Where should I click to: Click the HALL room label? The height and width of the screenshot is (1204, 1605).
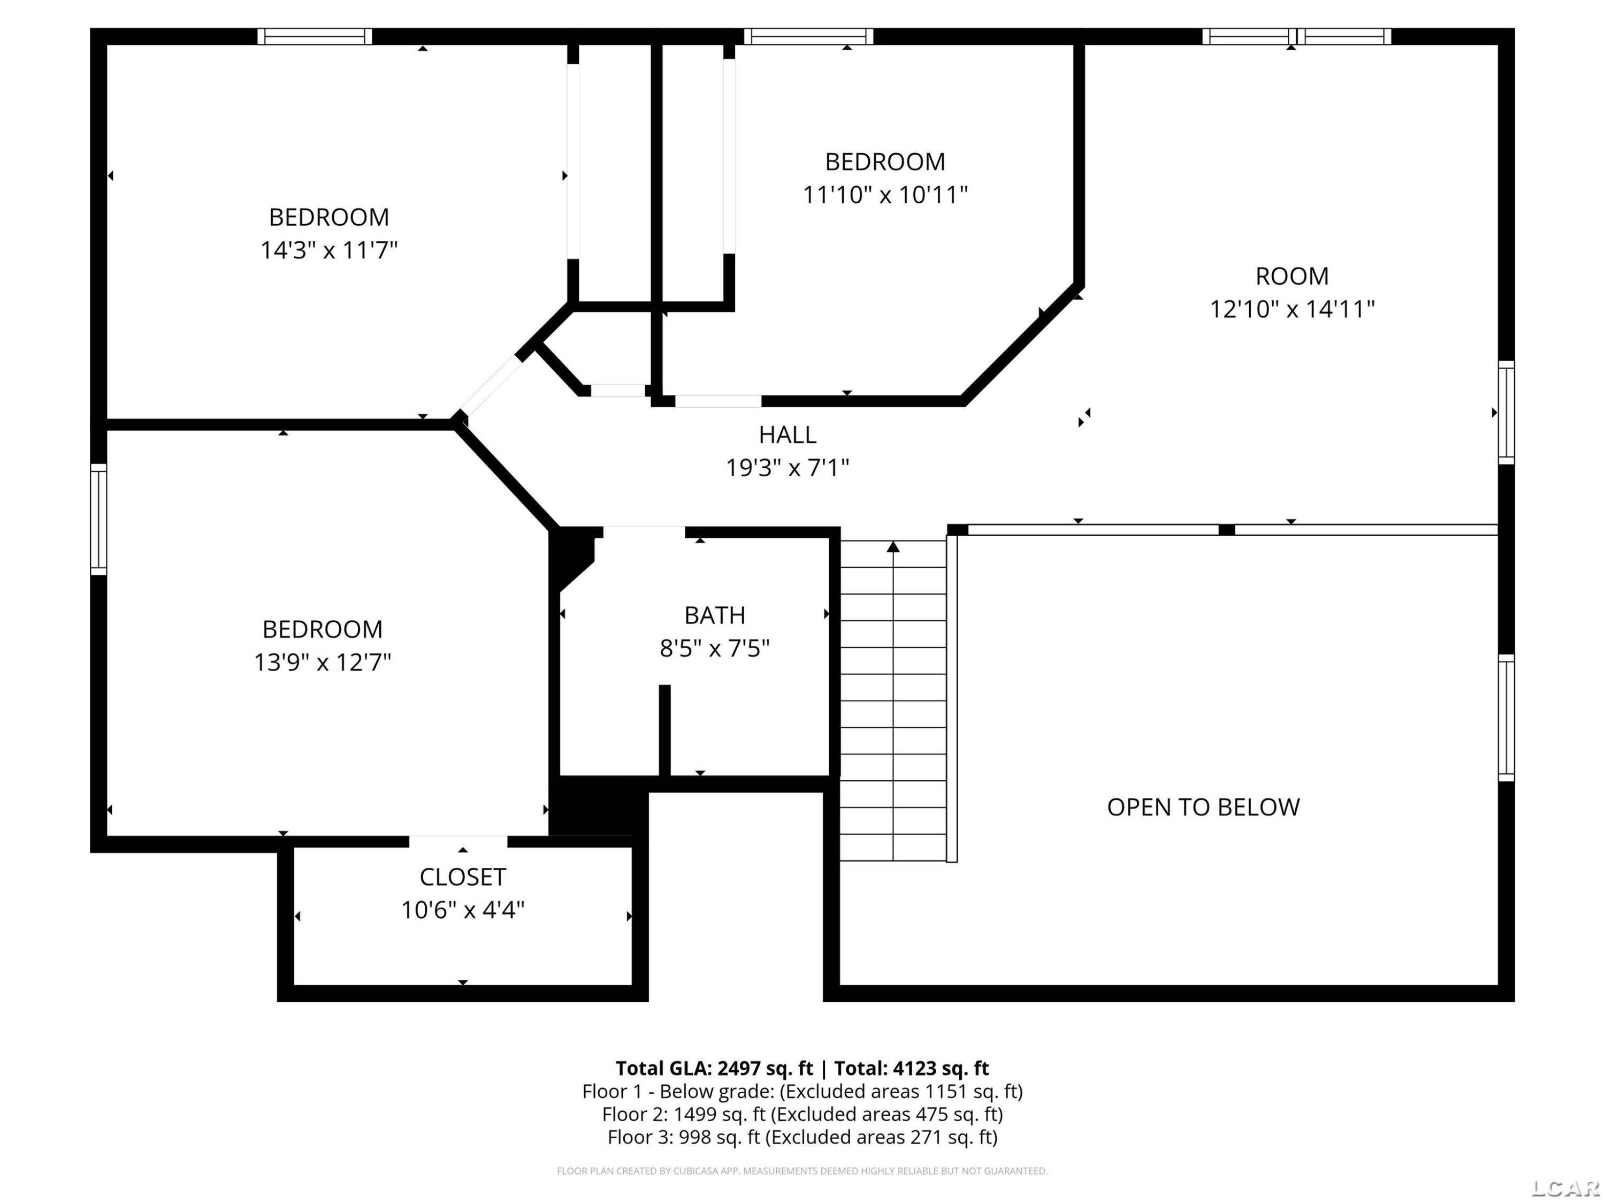(x=788, y=435)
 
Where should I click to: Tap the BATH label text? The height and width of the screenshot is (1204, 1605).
(x=715, y=615)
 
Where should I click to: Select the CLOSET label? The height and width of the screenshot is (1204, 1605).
(x=463, y=878)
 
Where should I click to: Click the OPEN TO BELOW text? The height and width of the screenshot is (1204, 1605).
(x=1203, y=807)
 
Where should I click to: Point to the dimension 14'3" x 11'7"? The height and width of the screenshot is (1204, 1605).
(x=330, y=250)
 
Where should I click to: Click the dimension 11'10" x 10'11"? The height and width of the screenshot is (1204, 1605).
(x=885, y=194)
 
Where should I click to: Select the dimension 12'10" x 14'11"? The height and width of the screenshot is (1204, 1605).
(x=1292, y=309)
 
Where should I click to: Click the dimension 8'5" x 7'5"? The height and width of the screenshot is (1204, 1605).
(x=715, y=648)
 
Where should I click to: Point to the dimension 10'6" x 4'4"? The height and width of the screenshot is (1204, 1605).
(x=463, y=910)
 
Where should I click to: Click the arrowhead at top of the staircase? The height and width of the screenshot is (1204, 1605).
(x=893, y=546)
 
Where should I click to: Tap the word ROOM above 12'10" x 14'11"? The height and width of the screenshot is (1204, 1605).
(x=1292, y=277)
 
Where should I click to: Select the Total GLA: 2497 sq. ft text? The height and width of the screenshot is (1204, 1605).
(x=714, y=1068)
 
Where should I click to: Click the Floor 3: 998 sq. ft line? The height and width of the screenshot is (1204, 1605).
(x=802, y=1137)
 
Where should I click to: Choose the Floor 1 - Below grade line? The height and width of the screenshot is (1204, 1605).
(x=802, y=1092)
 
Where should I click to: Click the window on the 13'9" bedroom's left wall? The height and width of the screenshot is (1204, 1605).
(x=98, y=520)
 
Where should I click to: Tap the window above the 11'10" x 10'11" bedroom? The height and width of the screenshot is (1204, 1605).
(x=808, y=36)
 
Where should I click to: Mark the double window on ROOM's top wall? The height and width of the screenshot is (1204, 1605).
(x=1297, y=36)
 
